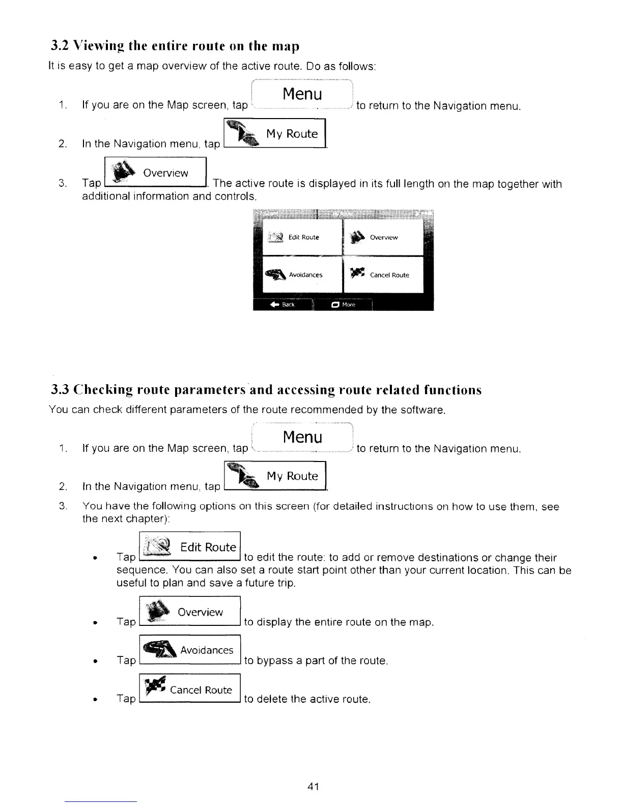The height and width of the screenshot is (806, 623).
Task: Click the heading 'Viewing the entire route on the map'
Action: (x=175, y=46)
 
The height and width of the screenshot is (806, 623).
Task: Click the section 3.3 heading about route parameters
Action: (x=266, y=390)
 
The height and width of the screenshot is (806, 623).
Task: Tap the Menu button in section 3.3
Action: (x=302, y=438)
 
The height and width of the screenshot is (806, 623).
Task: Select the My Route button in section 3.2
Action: (x=275, y=134)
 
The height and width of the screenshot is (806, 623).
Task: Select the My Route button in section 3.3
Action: (x=275, y=476)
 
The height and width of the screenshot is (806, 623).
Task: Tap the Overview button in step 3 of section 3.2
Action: (x=155, y=173)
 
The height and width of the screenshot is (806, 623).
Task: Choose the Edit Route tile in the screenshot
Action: (x=302, y=237)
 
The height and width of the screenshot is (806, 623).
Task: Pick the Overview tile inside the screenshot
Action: (x=383, y=237)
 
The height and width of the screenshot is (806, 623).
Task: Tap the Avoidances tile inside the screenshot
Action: (x=302, y=275)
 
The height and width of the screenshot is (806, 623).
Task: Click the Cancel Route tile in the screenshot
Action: (x=383, y=275)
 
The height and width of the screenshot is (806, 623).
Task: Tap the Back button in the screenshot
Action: (x=283, y=304)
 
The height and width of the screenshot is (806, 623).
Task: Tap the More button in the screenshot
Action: (x=344, y=304)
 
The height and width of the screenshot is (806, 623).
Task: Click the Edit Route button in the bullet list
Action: (x=189, y=547)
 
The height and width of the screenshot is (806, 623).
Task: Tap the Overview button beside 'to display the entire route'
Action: (x=189, y=612)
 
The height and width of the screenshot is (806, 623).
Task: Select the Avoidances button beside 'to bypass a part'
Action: (x=189, y=650)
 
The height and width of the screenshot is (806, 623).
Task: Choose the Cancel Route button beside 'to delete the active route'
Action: (x=189, y=689)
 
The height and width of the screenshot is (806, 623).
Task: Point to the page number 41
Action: (x=313, y=787)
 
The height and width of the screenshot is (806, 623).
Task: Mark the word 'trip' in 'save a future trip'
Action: (x=285, y=583)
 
